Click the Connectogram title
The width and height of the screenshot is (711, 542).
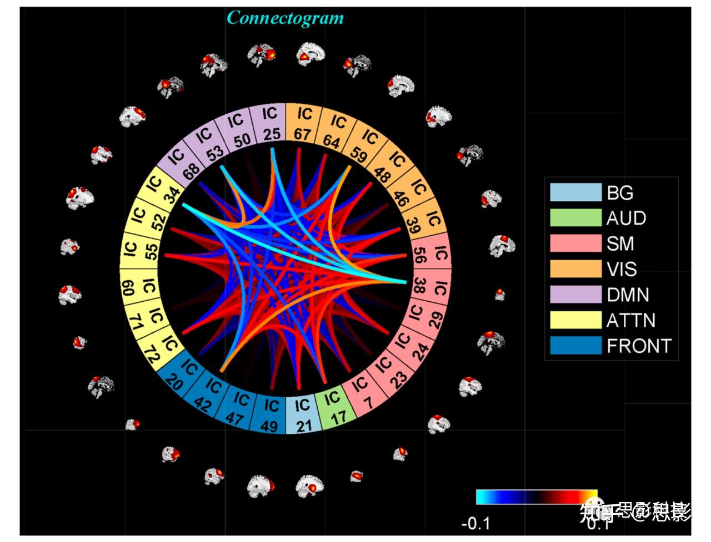(286, 18)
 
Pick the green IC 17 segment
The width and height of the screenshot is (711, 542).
(333, 408)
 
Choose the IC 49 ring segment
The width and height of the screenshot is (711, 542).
(271, 413)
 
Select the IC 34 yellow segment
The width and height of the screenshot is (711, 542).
(161, 188)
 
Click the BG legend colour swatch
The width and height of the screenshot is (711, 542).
(575, 193)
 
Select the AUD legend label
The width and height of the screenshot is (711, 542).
(626, 218)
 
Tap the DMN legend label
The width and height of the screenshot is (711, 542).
(628, 295)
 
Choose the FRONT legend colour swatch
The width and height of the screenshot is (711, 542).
(575, 346)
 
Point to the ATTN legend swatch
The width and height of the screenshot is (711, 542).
(575, 320)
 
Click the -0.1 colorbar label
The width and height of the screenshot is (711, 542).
(476, 523)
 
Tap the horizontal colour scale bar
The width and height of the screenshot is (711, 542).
(537, 497)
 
